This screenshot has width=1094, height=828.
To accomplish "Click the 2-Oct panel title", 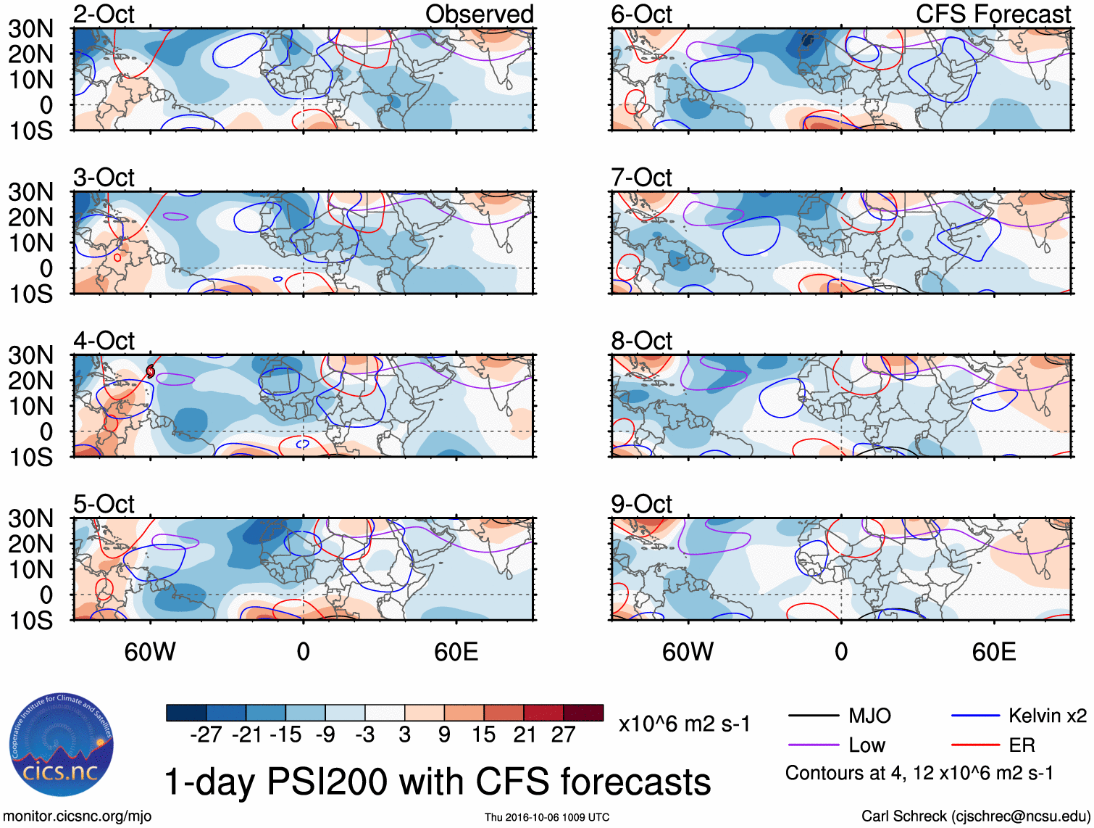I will [104, 14].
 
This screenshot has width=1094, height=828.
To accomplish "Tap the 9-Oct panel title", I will [641, 504].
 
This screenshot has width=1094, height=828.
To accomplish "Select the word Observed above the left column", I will [479, 14].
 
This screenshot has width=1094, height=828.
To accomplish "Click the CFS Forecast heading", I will [993, 14].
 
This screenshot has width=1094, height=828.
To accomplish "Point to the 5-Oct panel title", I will [104, 504].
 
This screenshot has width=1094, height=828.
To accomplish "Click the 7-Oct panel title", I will [641, 178].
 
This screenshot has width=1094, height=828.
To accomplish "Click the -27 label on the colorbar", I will [206, 734].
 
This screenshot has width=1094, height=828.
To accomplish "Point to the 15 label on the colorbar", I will [483, 734].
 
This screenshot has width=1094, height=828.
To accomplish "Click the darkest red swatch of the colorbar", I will [583, 713].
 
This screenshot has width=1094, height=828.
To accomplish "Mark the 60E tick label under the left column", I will [456, 652].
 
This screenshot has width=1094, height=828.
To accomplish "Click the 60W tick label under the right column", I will [688, 652].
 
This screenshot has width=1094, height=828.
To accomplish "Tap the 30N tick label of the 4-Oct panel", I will [30, 355].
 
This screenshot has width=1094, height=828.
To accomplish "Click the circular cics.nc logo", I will [62, 747].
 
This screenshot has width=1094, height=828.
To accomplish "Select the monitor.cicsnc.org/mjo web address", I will [78, 816].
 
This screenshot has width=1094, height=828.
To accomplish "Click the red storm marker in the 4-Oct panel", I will [151, 371].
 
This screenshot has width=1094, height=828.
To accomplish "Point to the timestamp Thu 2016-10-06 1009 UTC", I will [547, 817].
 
